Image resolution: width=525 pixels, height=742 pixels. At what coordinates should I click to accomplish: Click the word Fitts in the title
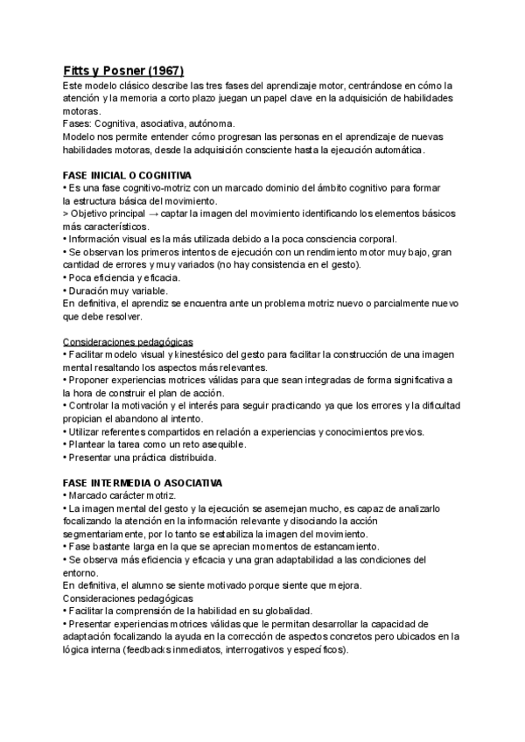(80, 70)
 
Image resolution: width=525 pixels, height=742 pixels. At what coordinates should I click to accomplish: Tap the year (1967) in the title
(164, 70)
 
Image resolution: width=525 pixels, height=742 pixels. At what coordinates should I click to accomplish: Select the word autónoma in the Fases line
(210, 124)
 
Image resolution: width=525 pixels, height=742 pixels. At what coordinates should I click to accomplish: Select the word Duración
(91, 290)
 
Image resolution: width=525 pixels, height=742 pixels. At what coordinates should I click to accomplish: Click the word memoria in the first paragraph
(137, 98)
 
